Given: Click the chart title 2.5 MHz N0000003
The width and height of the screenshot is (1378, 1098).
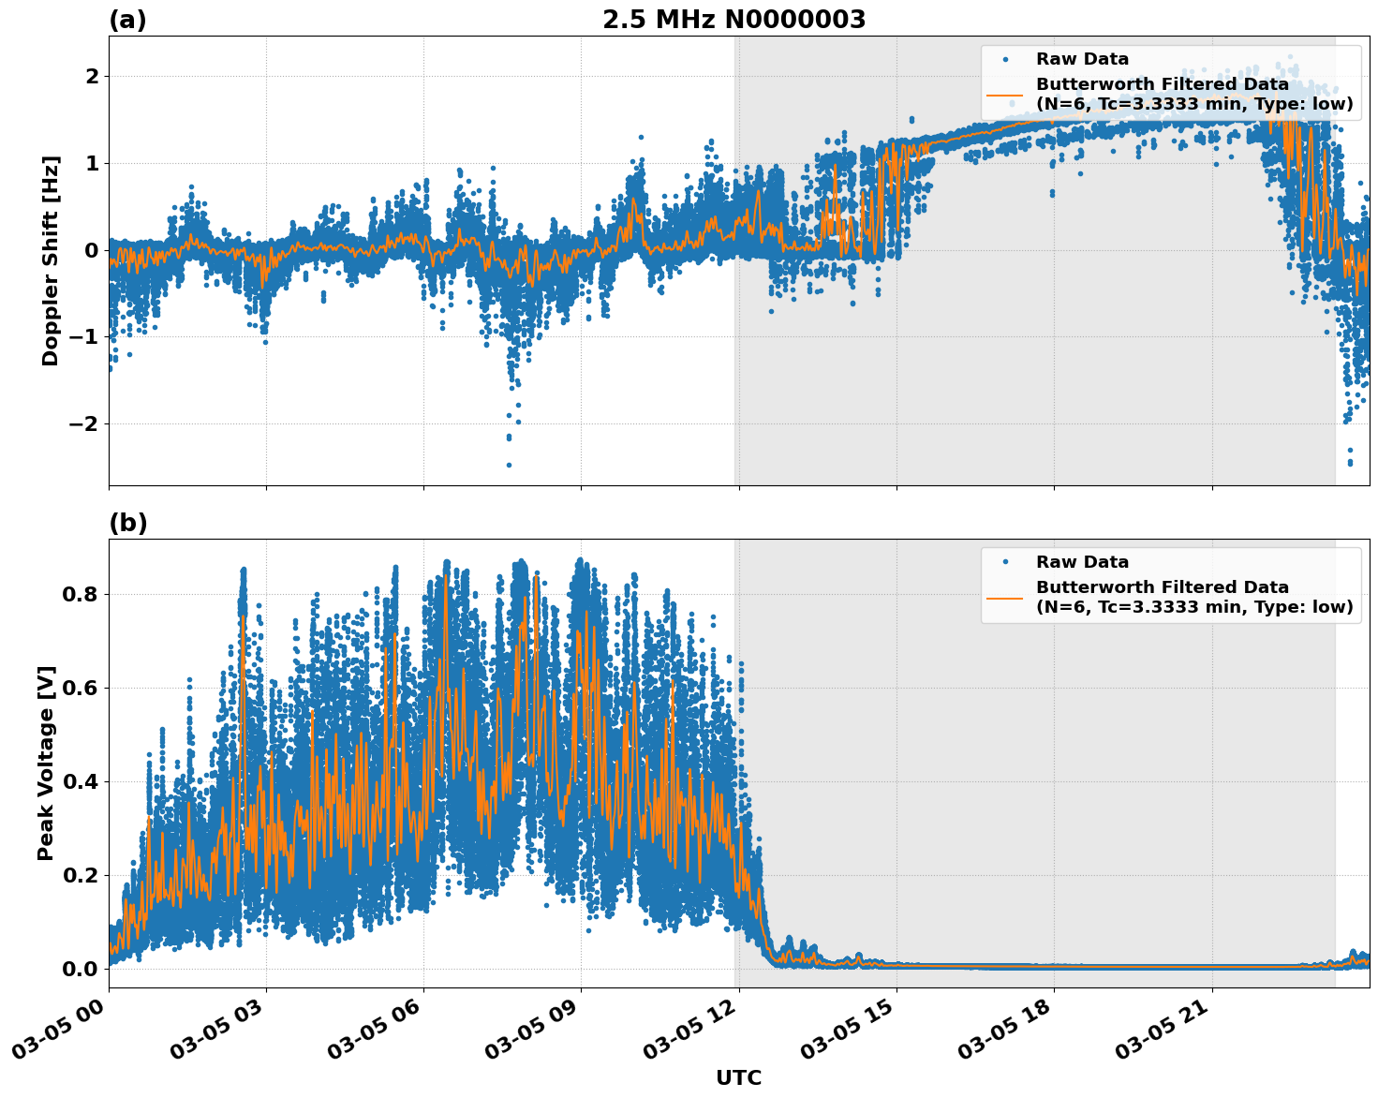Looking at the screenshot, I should tap(733, 20).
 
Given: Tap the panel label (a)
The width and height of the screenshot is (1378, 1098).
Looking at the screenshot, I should tap(127, 20).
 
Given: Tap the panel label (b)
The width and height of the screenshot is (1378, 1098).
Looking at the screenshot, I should tap(127, 523).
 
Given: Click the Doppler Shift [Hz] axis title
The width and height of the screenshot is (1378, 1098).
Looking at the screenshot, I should tap(51, 260).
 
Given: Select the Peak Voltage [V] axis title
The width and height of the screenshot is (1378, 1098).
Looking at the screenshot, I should tap(46, 763).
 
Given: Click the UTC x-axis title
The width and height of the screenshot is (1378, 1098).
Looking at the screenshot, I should tap(738, 1077).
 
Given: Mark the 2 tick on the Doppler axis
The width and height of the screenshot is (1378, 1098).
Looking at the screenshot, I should tap(91, 76).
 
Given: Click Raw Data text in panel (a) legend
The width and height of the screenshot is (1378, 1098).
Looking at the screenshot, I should tap(1082, 59).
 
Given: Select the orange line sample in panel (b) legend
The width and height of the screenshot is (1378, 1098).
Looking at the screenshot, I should tap(1005, 597).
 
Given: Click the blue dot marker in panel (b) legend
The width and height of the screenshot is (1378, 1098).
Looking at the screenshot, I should tap(1005, 562).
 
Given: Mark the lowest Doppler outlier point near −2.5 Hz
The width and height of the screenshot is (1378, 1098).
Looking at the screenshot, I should tap(509, 465).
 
